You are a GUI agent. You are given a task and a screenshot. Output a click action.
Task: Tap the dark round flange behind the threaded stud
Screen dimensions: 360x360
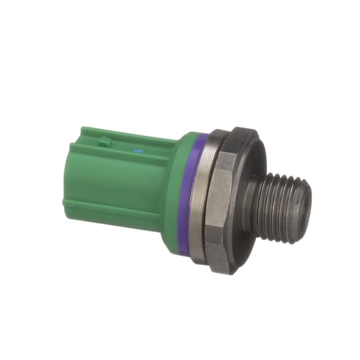pos(250,169)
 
